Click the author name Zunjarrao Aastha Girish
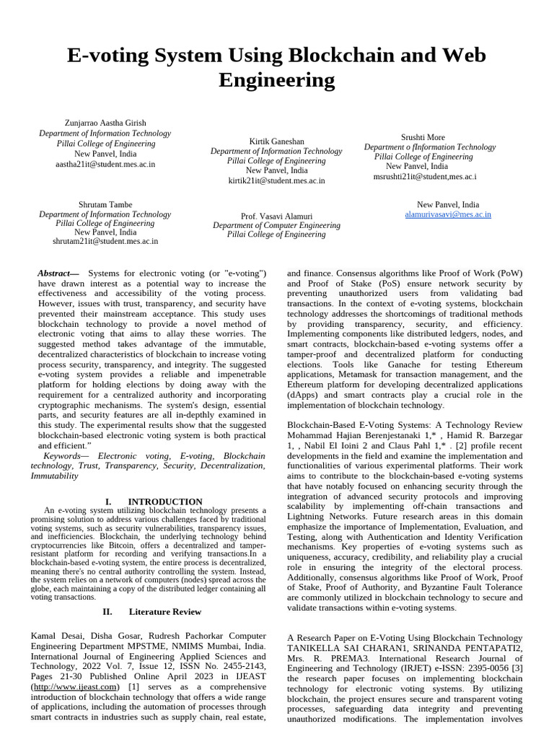coord(105,123)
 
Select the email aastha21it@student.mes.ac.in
coord(105,165)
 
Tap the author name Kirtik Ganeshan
coord(276,141)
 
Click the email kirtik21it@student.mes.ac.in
coord(276,181)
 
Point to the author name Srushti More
coord(423,137)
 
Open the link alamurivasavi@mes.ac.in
coord(448,215)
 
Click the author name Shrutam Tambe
coord(105,205)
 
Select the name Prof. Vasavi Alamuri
coord(276,217)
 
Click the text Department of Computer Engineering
coord(276,226)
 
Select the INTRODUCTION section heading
coord(165,502)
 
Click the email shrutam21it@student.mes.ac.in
coord(105,242)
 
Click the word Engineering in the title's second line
coord(276,80)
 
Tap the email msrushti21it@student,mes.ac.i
coord(424,177)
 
